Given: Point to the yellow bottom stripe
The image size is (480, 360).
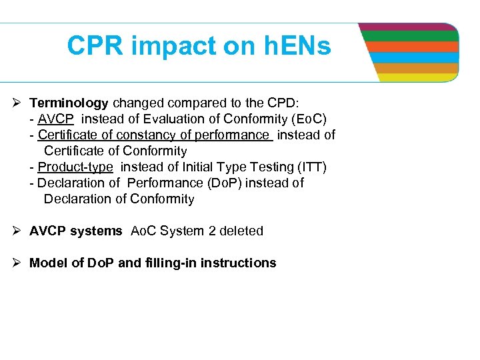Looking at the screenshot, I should [417, 77].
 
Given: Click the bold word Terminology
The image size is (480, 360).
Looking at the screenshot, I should [69, 103].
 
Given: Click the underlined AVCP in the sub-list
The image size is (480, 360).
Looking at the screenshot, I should [56, 119].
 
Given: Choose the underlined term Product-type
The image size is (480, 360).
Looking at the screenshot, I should [75, 167].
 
